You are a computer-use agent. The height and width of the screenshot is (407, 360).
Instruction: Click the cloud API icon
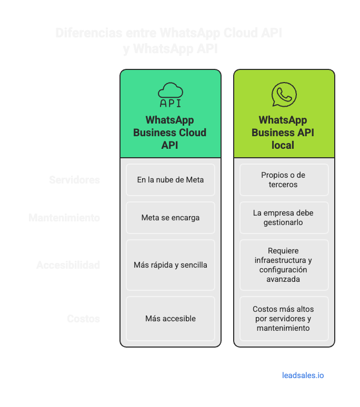[170, 95]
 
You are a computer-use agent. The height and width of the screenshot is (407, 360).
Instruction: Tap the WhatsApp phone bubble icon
[284, 95]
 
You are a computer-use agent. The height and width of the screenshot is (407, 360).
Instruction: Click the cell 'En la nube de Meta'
[171, 180]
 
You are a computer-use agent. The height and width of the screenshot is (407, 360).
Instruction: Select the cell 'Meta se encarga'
[171, 218]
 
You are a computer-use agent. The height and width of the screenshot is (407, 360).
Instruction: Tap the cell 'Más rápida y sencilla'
[171, 265]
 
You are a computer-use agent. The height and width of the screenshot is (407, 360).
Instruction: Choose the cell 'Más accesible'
[171, 319]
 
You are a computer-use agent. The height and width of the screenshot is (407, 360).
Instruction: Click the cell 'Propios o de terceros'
[284, 180]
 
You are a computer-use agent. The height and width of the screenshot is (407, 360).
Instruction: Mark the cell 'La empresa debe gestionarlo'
[284, 218]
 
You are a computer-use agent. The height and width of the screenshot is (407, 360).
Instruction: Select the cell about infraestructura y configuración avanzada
[284, 265]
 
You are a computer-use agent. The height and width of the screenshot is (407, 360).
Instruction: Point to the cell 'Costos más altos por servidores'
[284, 319]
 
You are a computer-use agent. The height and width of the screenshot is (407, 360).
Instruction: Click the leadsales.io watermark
[303, 375]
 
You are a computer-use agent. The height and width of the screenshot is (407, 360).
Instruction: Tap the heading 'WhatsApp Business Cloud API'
[170, 133]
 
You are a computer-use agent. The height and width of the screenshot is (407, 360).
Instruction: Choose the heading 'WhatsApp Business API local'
[283, 133]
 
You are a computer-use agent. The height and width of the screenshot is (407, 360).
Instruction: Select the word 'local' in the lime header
[283, 145]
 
